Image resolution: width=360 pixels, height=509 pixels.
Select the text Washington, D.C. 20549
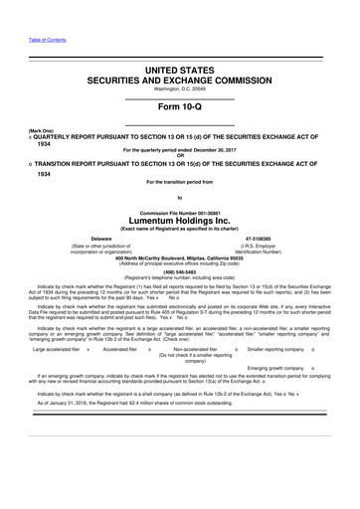pos(179,84)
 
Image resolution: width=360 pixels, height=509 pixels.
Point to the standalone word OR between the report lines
pos(179,157)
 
